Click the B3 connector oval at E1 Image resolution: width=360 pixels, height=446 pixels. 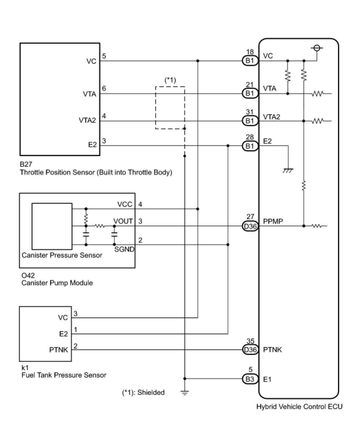[250, 379]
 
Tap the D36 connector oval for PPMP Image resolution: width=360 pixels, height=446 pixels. [250, 226]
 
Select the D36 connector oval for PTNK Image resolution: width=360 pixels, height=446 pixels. [250, 350]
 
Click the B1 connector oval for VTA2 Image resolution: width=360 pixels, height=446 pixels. [250, 121]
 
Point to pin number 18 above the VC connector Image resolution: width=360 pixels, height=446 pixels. [250, 52]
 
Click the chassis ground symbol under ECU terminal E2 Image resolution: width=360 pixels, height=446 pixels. [288, 171]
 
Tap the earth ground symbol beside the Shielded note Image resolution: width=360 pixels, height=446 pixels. [184, 393]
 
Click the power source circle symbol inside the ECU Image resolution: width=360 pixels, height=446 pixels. [317, 48]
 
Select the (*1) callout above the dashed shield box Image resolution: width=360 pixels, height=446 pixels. [170, 80]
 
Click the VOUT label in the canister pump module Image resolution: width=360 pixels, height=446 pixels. [123, 221]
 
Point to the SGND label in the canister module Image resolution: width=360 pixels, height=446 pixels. [124, 249]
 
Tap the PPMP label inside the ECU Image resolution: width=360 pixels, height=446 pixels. [273, 221]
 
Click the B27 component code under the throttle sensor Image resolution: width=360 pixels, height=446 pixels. [26, 164]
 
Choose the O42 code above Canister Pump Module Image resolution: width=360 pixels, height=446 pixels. [28, 275]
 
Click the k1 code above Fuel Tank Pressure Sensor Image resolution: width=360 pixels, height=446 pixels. [25, 367]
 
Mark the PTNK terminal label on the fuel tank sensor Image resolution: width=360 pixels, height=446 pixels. [59, 350]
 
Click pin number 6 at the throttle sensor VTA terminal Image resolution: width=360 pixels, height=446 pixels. [104, 88]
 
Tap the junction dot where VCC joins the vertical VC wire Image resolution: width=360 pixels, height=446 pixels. [198, 209]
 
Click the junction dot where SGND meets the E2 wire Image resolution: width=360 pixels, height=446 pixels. [228, 244]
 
